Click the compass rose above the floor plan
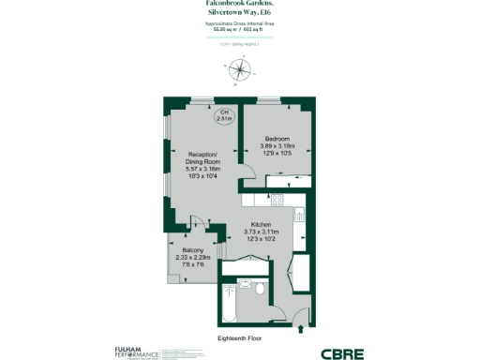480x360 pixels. click(x=240, y=68)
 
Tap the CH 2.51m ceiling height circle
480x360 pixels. click(x=224, y=115)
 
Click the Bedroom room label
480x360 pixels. click(x=277, y=138)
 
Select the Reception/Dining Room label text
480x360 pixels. click(x=203, y=157)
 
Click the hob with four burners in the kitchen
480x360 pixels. click(x=277, y=199)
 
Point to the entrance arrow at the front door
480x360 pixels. click(x=298, y=327)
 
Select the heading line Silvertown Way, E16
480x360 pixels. click(x=240, y=11)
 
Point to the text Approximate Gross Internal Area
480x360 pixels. click(x=240, y=22)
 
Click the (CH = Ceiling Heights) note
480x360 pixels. click(x=240, y=43)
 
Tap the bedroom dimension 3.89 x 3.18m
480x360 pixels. click(x=277, y=145)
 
